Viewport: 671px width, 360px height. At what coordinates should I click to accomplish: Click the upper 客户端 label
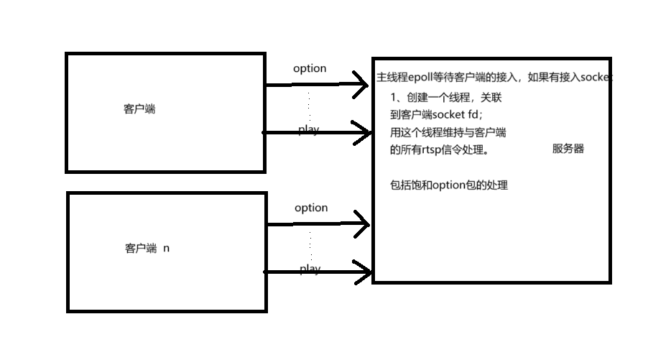click(139, 110)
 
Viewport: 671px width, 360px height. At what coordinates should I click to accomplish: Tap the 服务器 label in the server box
click(568, 149)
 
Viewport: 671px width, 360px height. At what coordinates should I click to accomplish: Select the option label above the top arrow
click(310, 68)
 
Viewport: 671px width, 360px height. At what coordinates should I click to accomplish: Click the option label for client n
click(311, 208)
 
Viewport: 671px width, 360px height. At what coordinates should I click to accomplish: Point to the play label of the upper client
click(309, 130)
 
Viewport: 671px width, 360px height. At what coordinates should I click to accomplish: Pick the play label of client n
click(310, 269)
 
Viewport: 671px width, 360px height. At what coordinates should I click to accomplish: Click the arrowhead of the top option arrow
click(362, 84)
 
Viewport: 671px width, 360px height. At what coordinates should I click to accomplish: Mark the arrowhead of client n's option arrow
click(362, 224)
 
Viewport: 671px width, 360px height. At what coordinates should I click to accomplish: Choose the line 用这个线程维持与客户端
click(448, 131)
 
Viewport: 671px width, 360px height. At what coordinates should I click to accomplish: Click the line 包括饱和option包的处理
click(448, 185)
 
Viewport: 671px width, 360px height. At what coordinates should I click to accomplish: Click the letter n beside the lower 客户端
click(167, 249)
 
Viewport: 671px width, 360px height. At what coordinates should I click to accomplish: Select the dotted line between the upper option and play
click(310, 108)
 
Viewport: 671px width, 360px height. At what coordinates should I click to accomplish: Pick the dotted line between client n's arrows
click(311, 246)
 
